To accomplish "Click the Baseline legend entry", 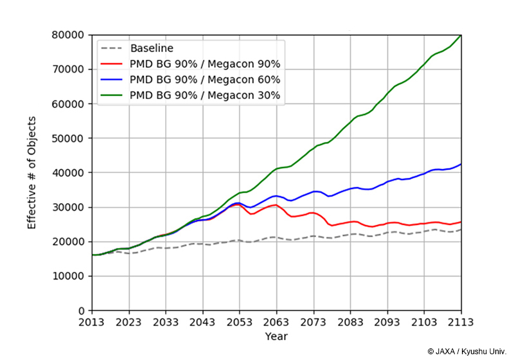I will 152,48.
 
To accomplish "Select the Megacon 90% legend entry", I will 204,64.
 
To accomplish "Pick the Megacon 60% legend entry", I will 204,80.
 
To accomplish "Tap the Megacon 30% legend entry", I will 204,96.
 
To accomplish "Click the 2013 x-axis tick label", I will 93,323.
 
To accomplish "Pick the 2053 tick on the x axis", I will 240,323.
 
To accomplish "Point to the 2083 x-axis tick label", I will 350,323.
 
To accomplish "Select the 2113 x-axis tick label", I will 461,323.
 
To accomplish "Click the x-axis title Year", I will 276,336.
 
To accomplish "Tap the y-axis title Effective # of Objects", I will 32,172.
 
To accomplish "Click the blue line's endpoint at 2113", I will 460,164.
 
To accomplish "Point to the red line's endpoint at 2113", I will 460,222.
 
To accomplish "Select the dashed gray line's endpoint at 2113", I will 460,230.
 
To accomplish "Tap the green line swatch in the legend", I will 112,96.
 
